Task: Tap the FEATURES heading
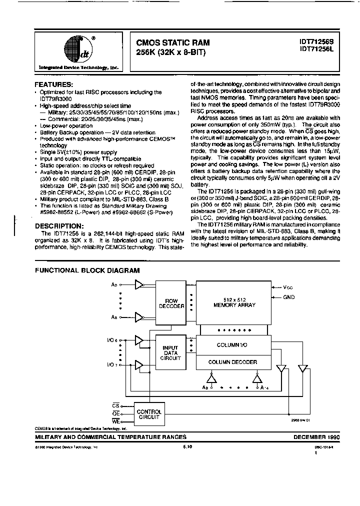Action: (53, 85)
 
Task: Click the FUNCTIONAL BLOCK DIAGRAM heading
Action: (87, 270)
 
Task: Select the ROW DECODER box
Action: (171, 303)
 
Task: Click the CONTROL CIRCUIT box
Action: (148, 414)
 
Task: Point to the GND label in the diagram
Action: (288, 297)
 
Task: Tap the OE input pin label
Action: (116, 414)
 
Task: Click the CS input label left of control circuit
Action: (116, 405)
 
